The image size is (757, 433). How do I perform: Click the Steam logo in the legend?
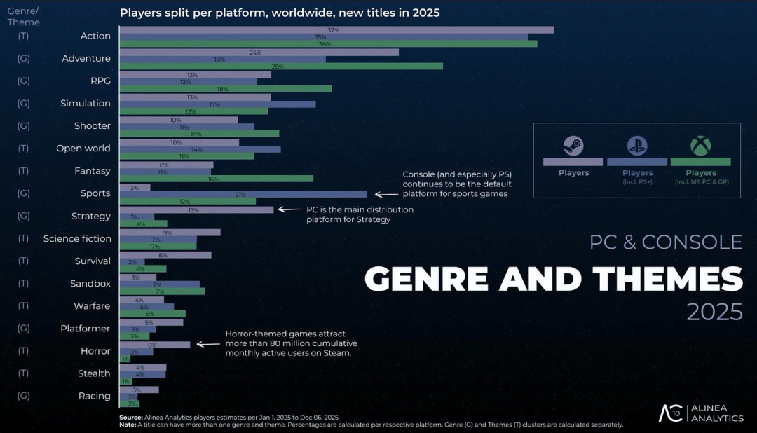573,146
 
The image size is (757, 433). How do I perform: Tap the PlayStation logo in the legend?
637,146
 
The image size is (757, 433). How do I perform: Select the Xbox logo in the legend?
700,146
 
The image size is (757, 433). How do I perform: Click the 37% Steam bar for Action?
336,30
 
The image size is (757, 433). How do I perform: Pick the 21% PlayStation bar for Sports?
243,194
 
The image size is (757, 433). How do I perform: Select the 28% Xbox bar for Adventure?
281,66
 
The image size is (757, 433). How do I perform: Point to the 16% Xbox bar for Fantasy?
217,179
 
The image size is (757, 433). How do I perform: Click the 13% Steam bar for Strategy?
196,209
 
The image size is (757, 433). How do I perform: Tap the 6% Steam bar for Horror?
155,345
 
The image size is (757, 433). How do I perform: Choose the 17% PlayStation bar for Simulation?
217,104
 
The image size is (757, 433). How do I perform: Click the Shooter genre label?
93,126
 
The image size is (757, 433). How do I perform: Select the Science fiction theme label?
77,239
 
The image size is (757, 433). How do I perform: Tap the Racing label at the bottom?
95,396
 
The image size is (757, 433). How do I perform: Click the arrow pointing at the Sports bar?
386,194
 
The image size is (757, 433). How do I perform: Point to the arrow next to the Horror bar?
209,345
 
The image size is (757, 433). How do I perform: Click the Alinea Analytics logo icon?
670,413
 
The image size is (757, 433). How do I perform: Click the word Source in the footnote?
131,418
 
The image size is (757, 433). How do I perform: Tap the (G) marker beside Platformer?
23,329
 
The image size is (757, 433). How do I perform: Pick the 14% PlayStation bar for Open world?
200,149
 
